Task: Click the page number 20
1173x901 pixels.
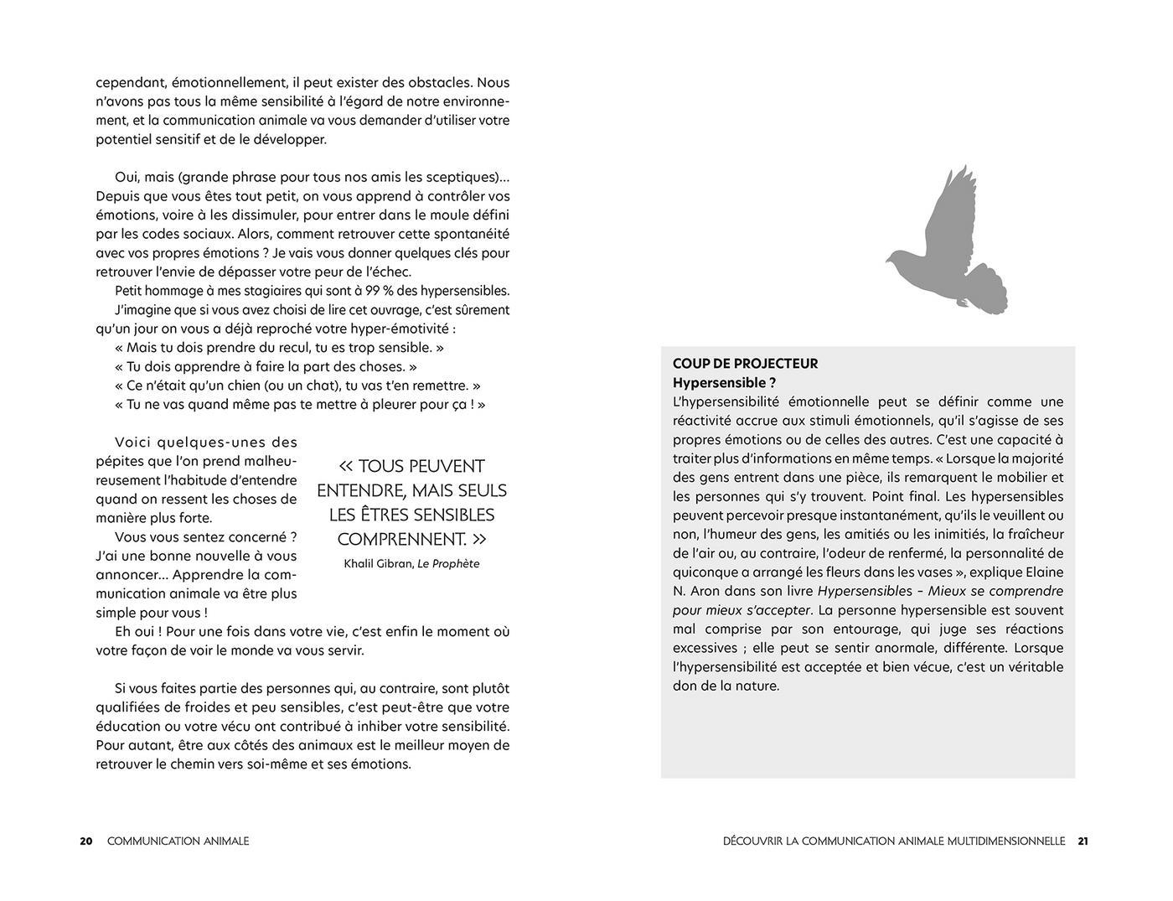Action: click(x=86, y=841)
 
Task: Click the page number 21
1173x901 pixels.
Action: click(x=1083, y=841)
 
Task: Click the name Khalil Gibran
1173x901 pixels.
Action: click(x=378, y=564)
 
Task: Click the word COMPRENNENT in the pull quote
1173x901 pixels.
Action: click(x=400, y=539)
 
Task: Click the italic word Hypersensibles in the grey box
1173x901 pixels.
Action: click(x=865, y=592)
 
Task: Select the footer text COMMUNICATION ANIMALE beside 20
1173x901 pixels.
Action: click(x=178, y=841)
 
